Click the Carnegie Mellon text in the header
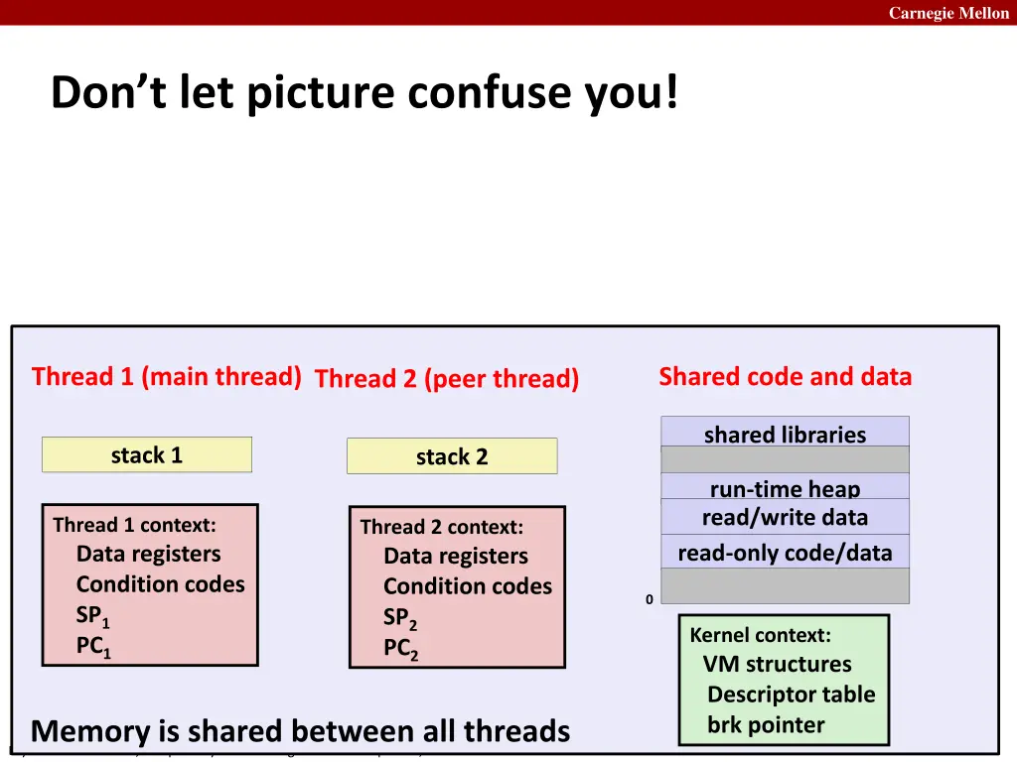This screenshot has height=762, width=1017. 947,13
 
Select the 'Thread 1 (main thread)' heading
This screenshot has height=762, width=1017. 166,377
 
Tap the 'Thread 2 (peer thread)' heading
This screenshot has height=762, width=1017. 446,379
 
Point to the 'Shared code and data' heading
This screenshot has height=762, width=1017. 785,377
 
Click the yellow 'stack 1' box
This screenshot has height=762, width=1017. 147,455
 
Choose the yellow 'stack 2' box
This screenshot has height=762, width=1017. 452,457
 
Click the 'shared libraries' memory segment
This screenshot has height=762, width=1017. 785,434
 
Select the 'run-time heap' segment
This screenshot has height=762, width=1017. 785,487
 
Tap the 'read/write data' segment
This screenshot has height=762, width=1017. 785,517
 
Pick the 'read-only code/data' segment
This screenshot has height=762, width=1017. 785,553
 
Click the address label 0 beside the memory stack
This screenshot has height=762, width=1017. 650,599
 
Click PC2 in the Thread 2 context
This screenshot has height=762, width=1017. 400,650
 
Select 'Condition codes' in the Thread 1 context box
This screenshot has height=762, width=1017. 160,584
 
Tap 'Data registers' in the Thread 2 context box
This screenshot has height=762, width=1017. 455,557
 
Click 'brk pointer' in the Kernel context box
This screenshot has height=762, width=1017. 766,725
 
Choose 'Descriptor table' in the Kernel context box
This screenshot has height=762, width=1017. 791,695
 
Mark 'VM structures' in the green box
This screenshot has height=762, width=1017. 777,665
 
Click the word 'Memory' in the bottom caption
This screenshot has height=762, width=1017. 90,732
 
